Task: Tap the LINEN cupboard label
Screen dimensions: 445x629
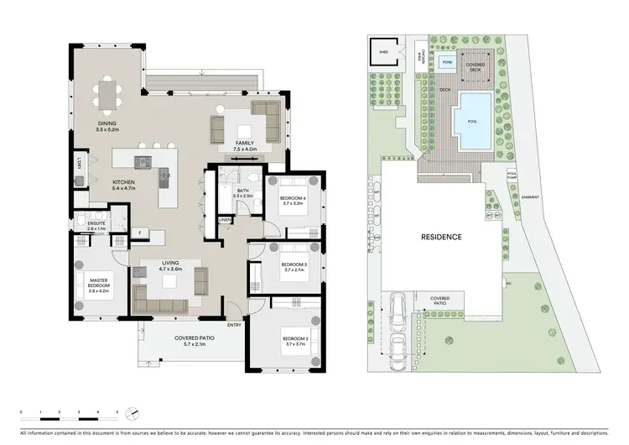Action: pos(225,220)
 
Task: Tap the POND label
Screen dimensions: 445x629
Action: pos(448,62)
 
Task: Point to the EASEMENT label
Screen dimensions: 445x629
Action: pos(530,198)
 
